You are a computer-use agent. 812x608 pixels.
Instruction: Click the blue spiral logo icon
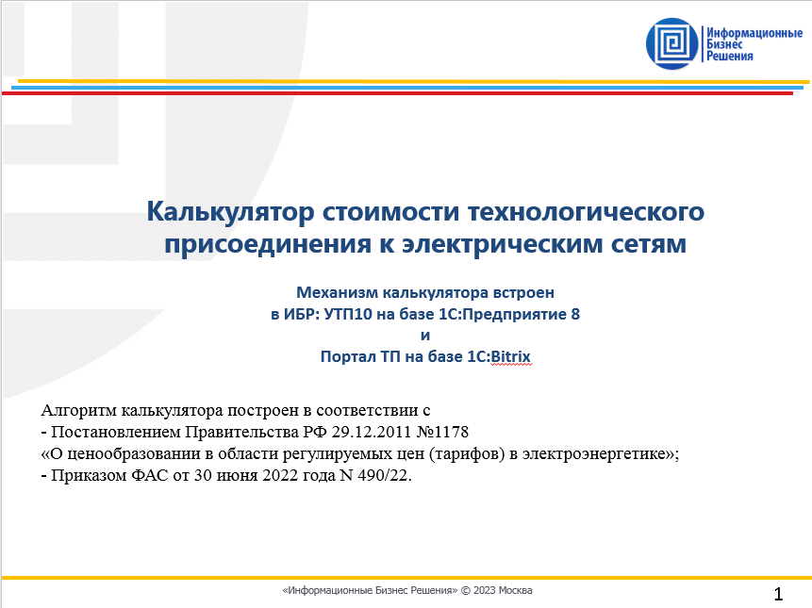click(673, 43)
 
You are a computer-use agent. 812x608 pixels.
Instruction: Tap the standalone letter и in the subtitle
click(424, 335)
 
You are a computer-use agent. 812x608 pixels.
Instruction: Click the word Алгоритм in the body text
click(84, 411)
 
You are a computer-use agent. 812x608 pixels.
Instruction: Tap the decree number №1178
click(441, 433)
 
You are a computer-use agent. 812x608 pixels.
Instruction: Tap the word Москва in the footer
click(516, 591)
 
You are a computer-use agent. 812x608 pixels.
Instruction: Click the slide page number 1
click(778, 594)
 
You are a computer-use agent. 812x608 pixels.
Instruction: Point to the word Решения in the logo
click(731, 57)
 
